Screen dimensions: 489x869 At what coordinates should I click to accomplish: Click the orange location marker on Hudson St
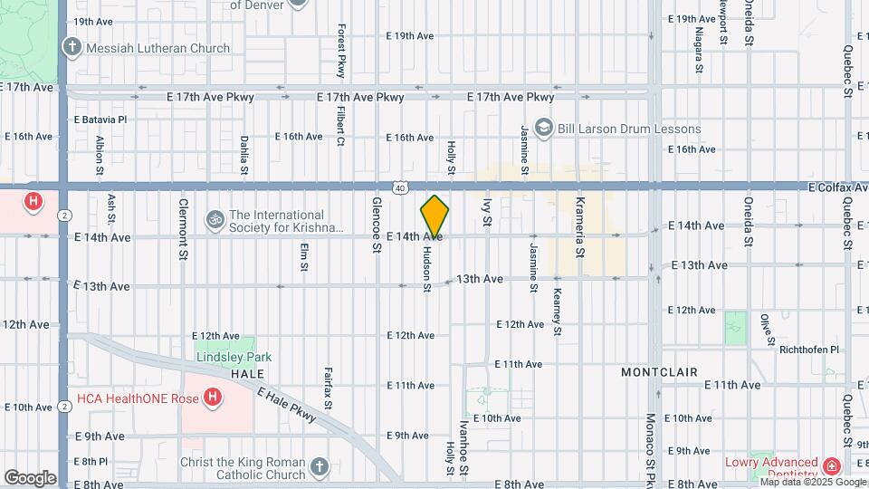click(434, 216)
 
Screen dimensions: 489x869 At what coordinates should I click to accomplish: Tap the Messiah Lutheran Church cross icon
click(72, 47)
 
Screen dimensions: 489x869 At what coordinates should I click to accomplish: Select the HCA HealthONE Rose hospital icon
click(212, 397)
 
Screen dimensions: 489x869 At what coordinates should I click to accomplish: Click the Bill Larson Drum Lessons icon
click(543, 127)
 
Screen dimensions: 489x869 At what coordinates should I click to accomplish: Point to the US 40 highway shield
click(399, 187)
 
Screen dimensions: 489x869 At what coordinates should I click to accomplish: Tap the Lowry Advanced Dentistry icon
click(831, 465)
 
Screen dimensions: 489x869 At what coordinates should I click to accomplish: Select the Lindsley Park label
click(234, 357)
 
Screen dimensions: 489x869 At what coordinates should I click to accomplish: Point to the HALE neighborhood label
click(247, 373)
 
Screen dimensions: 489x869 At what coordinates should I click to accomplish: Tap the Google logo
click(29, 478)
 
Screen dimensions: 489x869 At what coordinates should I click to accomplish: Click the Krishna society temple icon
click(215, 218)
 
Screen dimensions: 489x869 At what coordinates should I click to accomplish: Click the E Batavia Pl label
click(100, 119)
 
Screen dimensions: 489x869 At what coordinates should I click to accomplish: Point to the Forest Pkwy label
click(342, 51)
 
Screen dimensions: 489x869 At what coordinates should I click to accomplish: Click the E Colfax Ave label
click(838, 187)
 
